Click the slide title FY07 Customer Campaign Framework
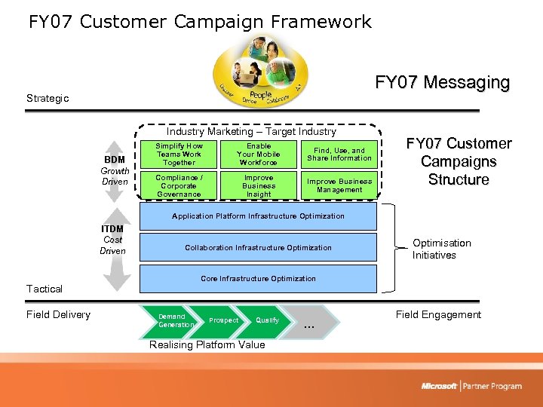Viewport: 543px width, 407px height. (x=200, y=22)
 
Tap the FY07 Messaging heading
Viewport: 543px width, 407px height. (x=442, y=82)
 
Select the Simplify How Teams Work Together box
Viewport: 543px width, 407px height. (x=179, y=155)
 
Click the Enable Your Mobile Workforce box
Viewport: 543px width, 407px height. (x=259, y=155)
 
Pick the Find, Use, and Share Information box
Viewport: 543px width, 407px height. (x=339, y=155)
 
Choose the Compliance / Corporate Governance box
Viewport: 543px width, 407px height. (x=179, y=186)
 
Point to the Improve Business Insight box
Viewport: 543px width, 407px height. (x=259, y=186)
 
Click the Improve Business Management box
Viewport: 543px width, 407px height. (x=339, y=186)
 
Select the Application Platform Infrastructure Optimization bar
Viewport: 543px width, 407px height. (x=258, y=216)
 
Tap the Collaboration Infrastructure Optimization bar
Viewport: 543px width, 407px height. (x=258, y=247)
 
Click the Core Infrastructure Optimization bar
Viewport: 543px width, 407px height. (x=258, y=279)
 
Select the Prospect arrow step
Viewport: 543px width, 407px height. (x=223, y=320)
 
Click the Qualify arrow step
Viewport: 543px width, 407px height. (x=268, y=320)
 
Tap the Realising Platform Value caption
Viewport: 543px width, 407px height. (x=207, y=345)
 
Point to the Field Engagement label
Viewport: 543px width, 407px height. (x=438, y=315)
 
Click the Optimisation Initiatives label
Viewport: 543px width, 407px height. (x=441, y=249)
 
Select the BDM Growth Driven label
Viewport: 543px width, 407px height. (x=115, y=170)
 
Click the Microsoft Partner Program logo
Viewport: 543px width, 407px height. (x=471, y=386)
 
